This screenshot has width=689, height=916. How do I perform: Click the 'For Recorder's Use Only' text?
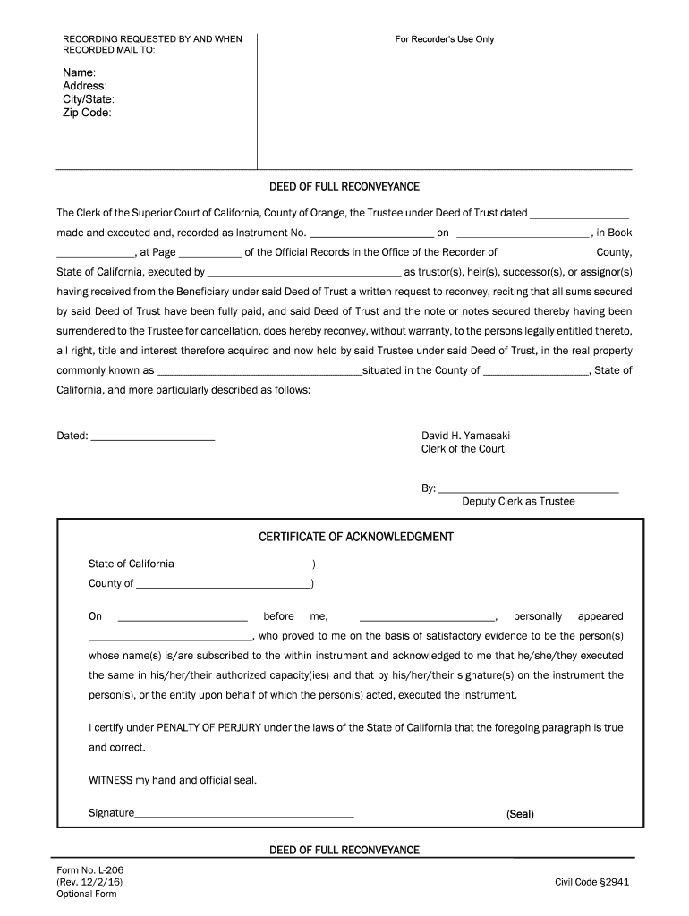[x=445, y=39]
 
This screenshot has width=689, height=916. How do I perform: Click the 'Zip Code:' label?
[x=87, y=114]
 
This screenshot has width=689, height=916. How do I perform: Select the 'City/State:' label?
[x=88, y=99]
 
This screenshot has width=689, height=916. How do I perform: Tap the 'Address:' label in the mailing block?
[x=84, y=86]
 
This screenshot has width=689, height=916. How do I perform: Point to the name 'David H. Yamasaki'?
[x=466, y=436]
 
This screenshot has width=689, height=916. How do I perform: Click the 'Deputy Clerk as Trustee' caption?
[x=518, y=502]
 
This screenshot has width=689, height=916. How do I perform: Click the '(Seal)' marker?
[x=520, y=815]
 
